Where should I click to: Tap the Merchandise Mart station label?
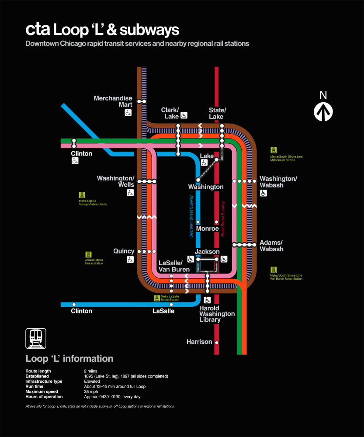[113, 101]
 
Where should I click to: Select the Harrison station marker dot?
[216, 342]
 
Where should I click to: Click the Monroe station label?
[207, 229]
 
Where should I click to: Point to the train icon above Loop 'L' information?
[36, 338]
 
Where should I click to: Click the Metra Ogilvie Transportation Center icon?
[82, 194]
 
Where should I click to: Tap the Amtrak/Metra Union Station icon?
[88, 254]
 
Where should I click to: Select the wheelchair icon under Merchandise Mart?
[128, 113]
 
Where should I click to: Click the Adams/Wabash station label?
[271, 246]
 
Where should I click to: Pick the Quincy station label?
[124, 251]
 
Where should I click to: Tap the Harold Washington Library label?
[217, 314]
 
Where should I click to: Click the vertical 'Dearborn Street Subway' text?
[191, 217]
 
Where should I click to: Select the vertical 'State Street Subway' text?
[223, 219]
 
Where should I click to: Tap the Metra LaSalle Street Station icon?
[157, 298]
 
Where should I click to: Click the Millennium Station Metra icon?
[274, 150]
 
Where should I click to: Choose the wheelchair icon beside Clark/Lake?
[184, 115]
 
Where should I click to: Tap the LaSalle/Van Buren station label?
[174, 266]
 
